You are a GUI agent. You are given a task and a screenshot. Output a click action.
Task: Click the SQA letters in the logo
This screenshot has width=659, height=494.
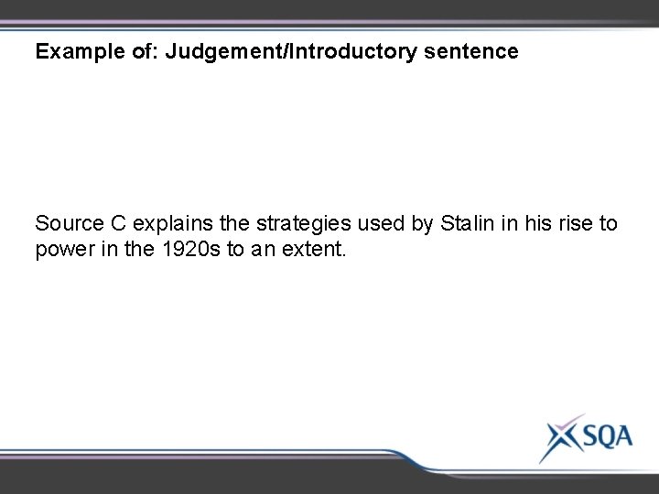coord(599,437)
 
